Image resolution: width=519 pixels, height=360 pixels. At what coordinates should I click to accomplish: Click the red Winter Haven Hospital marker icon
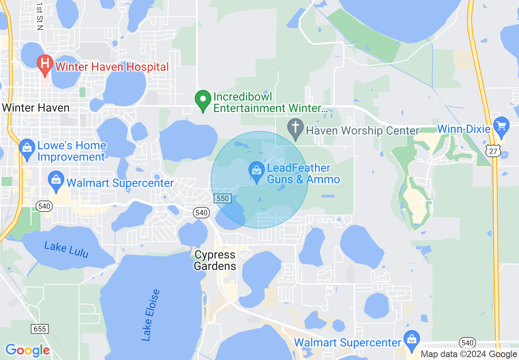tap(45, 64)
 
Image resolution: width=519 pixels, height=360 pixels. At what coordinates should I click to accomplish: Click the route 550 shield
tap(223, 198)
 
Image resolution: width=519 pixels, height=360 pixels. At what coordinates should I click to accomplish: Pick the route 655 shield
tap(39, 328)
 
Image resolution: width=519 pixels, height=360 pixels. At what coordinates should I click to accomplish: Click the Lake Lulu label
tap(66, 250)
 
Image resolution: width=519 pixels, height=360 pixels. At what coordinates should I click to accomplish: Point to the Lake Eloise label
tap(151, 315)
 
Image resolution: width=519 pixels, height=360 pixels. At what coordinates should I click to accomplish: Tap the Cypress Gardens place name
tap(215, 260)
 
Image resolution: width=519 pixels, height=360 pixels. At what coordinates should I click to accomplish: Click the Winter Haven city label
tap(36, 108)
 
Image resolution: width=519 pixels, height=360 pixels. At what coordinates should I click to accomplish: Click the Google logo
tap(27, 350)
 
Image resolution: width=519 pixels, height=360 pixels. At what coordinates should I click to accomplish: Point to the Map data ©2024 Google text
tap(469, 354)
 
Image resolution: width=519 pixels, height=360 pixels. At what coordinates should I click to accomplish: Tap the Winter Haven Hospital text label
tap(112, 67)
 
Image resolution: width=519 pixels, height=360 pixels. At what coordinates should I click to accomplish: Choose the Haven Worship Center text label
tap(363, 131)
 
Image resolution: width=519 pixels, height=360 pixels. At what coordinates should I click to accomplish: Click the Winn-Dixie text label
tap(464, 129)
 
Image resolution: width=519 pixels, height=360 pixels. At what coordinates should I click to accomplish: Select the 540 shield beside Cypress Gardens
tap(201, 212)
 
